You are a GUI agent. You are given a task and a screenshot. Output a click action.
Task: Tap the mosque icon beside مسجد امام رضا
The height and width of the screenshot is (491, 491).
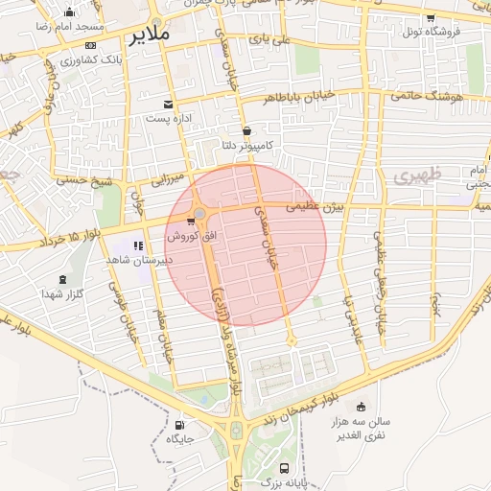(x=70, y=13)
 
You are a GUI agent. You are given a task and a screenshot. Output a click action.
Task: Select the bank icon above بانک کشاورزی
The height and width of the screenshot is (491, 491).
(x=90, y=45)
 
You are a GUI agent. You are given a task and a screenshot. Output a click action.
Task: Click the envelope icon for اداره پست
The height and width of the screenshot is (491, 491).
(x=169, y=104)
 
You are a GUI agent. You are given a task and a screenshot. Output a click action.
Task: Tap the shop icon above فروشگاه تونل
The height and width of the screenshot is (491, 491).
(x=430, y=17)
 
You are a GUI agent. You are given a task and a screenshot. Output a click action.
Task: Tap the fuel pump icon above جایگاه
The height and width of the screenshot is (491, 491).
(x=180, y=425)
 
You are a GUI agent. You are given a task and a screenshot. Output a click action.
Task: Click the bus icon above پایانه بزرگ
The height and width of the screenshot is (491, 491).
(x=284, y=467)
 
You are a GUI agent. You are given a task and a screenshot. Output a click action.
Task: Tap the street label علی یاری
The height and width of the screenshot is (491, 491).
(x=269, y=40)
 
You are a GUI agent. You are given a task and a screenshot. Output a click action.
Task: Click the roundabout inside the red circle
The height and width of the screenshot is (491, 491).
(x=199, y=214)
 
